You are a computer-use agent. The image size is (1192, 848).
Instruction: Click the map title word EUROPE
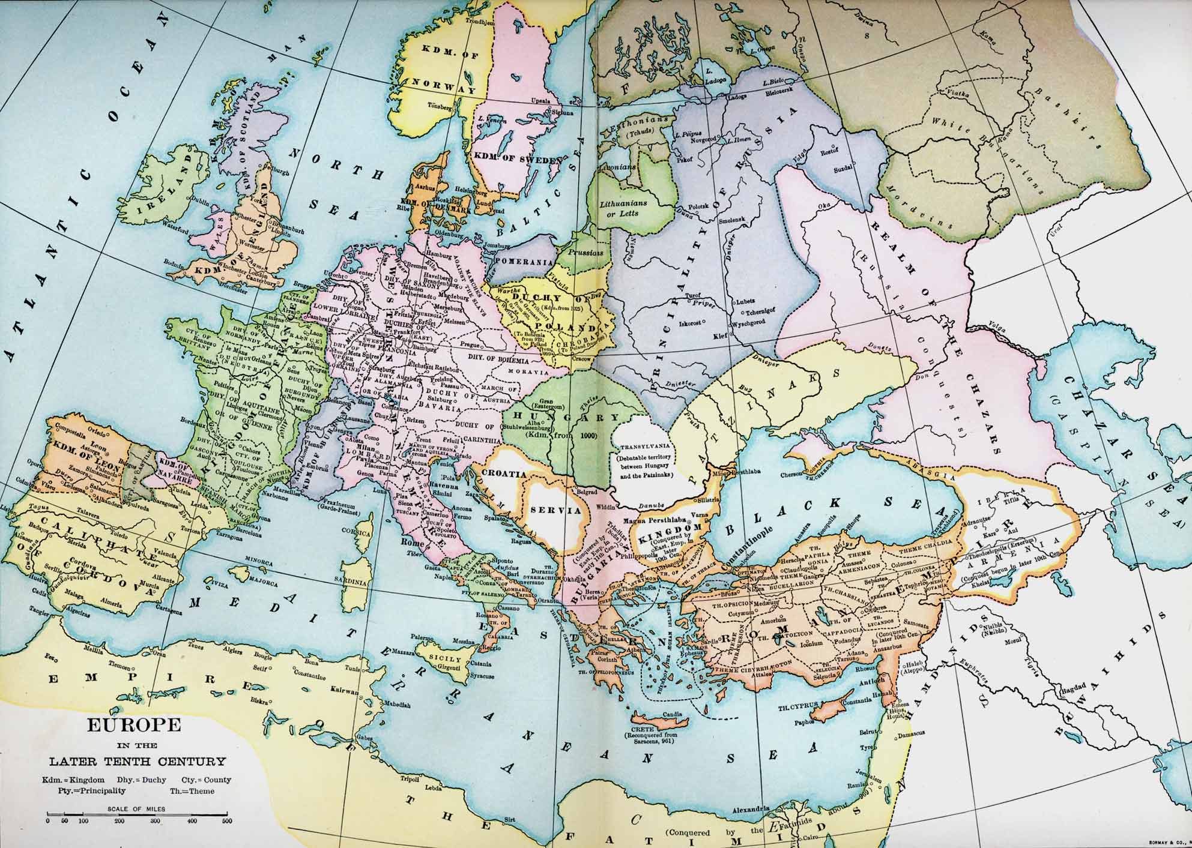pos(134,724)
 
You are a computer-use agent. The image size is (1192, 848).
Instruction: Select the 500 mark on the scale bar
pos(226,821)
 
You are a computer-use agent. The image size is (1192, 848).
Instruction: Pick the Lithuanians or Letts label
pos(623,208)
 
